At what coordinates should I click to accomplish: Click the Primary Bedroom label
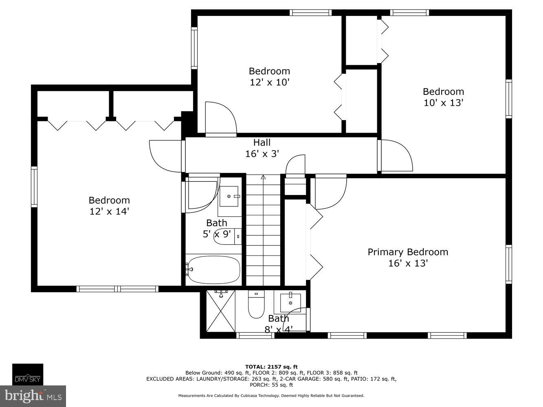tap(408, 252)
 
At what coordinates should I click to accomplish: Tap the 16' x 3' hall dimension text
tap(262, 154)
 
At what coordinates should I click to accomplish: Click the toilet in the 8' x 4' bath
tap(256, 306)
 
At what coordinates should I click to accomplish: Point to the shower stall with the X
tap(220, 311)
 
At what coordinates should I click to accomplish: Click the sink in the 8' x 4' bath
tap(290, 302)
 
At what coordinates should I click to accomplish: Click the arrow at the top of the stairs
tap(263, 177)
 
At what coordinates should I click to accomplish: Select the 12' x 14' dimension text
tap(109, 211)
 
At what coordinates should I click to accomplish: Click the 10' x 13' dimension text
tap(443, 103)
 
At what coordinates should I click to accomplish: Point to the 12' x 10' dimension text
tap(269, 82)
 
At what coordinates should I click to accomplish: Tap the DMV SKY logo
tap(28, 374)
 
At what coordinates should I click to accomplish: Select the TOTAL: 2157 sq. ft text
tap(271, 367)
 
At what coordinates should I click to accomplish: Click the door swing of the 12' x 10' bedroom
tap(220, 118)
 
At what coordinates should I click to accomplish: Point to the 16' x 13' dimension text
tap(408, 263)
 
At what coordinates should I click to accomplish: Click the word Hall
tap(262, 142)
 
